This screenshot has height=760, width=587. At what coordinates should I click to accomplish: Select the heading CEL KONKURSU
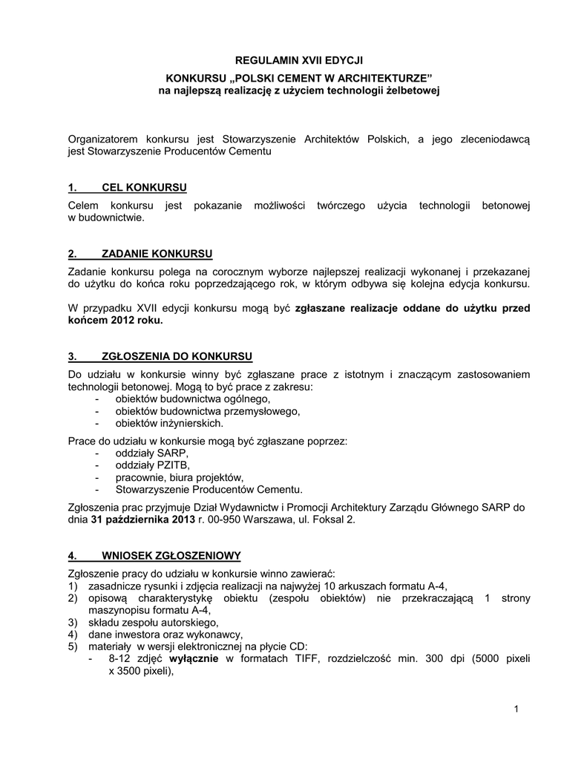tap(144, 186)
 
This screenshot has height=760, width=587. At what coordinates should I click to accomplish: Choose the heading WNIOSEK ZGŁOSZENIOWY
tap(171, 555)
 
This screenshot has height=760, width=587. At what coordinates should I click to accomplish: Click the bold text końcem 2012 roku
tap(115, 321)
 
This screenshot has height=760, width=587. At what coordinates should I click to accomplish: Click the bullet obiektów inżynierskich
tap(169, 423)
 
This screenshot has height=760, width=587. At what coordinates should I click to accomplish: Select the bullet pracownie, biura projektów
tap(180, 477)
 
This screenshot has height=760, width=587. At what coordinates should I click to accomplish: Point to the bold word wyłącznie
tap(194, 659)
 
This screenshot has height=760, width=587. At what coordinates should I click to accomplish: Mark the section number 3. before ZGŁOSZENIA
tap(73, 356)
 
